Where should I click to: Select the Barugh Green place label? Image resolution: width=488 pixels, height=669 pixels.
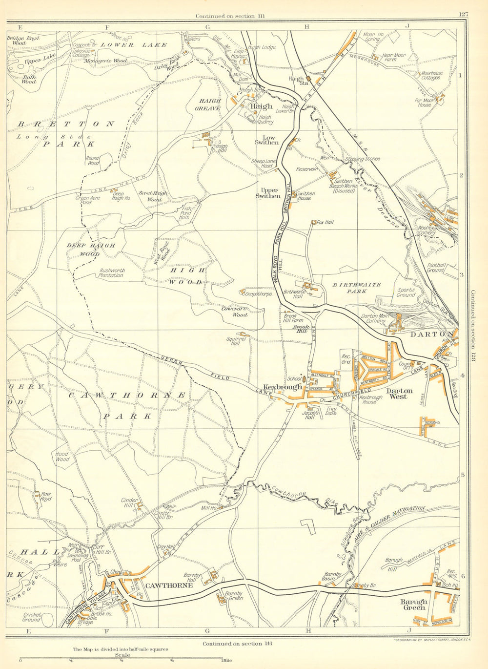point(413,605)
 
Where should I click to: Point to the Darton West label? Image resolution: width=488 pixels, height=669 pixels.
point(399,394)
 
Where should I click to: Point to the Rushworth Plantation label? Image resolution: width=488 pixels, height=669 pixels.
point(105,272)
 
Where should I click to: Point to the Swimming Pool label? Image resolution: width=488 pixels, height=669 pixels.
point(79,558)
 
